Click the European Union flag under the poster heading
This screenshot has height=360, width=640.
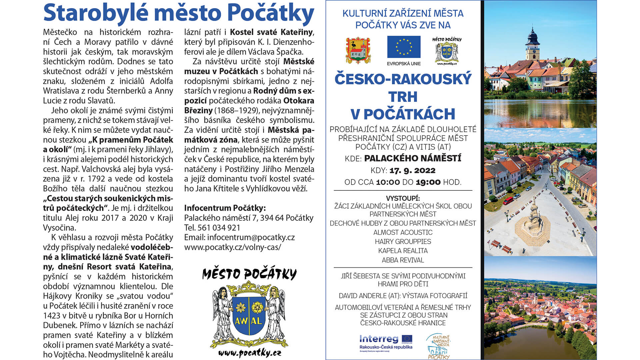(404, 47)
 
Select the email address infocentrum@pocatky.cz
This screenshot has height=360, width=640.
(251, 237)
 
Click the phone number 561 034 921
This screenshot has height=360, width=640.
(219, 228)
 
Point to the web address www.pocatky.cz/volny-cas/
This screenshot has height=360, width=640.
(232, 247)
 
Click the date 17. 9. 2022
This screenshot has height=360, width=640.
(412, 171)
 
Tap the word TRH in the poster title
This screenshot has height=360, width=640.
(403, 97)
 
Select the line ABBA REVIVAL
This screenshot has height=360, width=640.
(403, 260)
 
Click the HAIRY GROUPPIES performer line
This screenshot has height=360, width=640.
(403, 241)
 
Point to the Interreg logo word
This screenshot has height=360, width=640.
(379, 339)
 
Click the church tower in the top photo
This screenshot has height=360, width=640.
(532, 43)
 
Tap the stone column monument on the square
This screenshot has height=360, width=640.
(533, 213)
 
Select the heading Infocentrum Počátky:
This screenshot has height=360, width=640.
(225, 208)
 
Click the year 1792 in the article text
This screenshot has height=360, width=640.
(96, 179)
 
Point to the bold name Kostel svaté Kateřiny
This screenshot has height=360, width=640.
(271, 32)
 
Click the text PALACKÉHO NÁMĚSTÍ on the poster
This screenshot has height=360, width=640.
(413, 158)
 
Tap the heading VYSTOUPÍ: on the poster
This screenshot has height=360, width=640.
(403, 198)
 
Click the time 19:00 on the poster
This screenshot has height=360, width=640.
(428, 182)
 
